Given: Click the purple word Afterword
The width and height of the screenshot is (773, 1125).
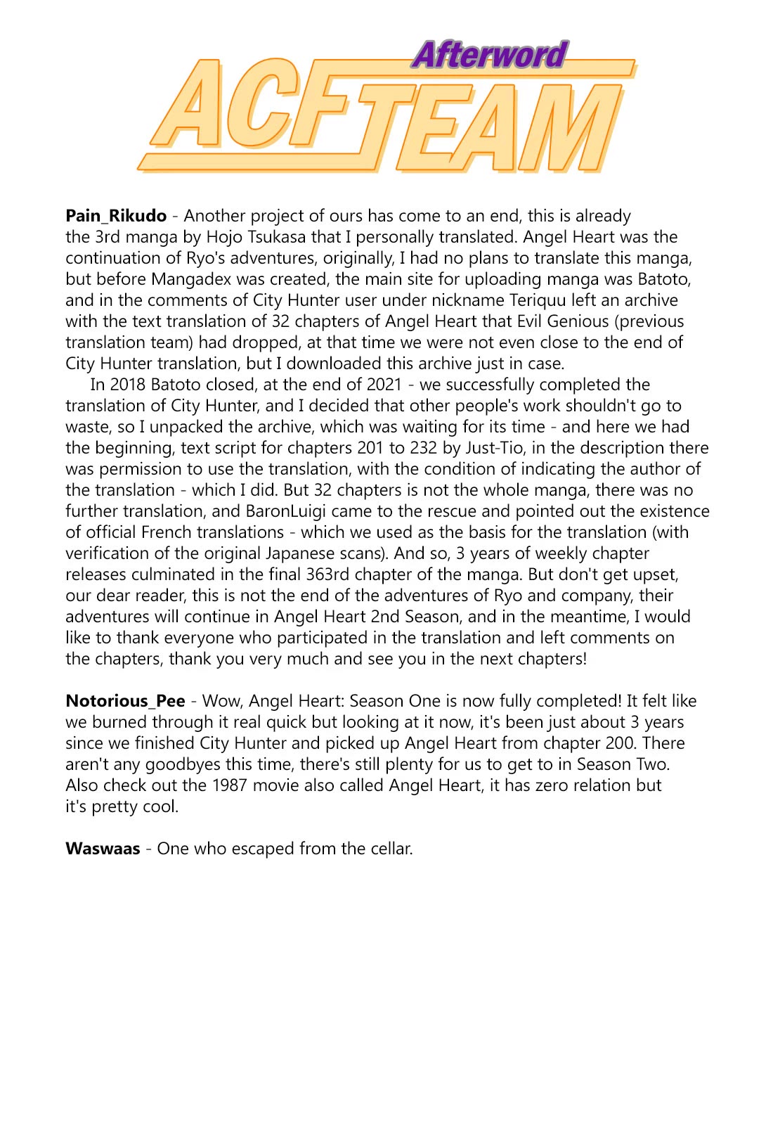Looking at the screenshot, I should tap(489, 55).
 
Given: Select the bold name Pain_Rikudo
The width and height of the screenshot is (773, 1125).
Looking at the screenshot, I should tap(116, 216).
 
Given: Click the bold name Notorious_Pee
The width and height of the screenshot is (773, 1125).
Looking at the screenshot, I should tap(125, 701).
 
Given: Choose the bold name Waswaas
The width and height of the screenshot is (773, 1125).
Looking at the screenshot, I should tap(103, 849).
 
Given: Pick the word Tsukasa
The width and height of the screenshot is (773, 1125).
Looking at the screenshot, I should tap(275, 237).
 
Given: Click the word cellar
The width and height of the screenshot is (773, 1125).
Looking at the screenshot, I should tap(389, 849).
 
